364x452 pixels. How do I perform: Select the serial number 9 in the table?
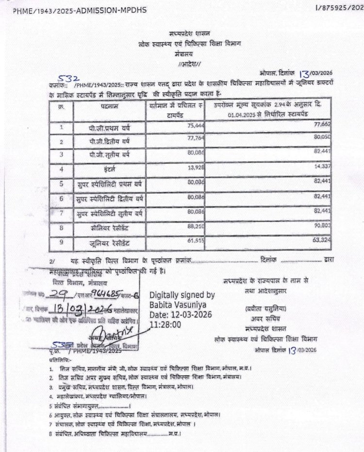pos(62,242)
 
